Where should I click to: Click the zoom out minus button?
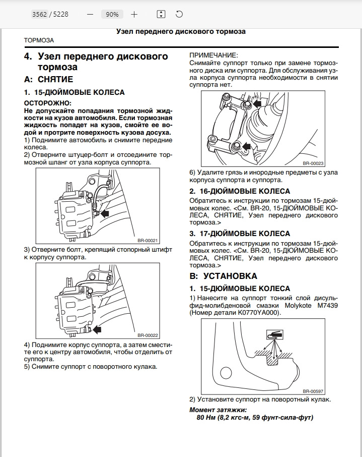(x=90, y=15)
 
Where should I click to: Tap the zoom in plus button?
(x=134, y=15)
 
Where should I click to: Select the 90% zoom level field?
(x=112, y=15)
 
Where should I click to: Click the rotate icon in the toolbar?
(x=179, y=15)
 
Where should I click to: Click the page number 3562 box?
(x=39, y=15)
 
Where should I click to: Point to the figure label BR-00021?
(x=148, y=240)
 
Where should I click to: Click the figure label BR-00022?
(x=148, y=334)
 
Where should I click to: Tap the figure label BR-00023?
(x=313, y=163)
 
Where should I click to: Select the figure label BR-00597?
(x=313, y=390)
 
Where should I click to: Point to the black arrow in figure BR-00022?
(x=96, y=329)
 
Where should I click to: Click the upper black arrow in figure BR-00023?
(x=257, y=103)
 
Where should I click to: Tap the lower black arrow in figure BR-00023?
(x=247, y=146)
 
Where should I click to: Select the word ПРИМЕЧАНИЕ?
(x=213, y=55)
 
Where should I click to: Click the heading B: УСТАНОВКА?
(x=223, y=276)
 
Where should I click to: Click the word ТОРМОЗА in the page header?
(x=39, y=40)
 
